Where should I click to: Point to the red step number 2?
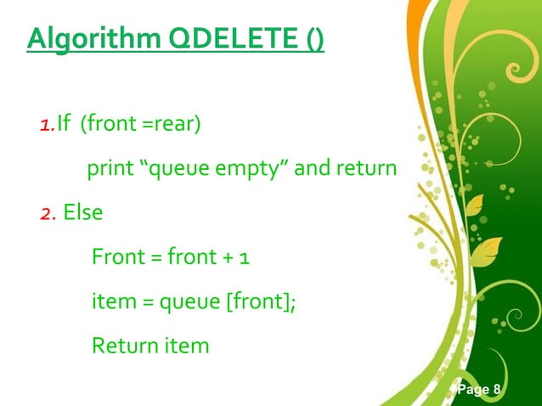[x=47, y=212]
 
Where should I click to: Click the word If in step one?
[x=64, y=127]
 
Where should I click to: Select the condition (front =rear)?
[x=141, y=127]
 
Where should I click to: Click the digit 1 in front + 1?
[x=243, y=257]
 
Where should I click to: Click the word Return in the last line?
[x=119, y=346]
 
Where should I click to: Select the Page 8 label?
[x=479, y=390]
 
